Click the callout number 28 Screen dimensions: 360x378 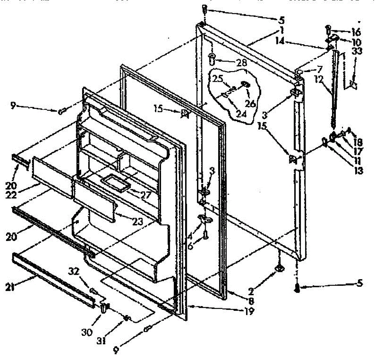(242, 63)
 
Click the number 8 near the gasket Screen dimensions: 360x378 (251, 301)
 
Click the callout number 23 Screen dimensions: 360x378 (138, 222)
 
